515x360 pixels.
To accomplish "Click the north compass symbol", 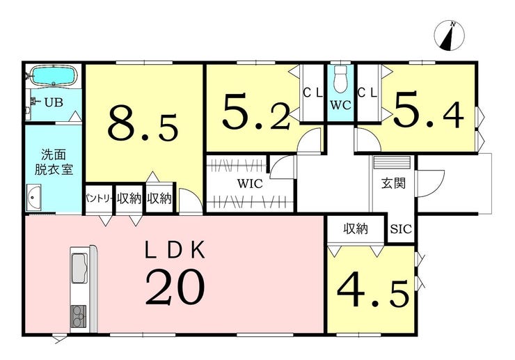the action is point(450,36).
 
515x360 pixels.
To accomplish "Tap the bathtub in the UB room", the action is point(54,76).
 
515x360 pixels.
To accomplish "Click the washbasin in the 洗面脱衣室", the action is point(34,196).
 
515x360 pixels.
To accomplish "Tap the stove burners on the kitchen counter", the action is point(79,317).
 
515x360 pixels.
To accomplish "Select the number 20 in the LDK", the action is point(175,287).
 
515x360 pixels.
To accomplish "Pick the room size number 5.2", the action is point(257,111).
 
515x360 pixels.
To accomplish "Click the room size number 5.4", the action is point(429,110).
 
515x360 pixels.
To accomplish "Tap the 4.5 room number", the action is point(374,292).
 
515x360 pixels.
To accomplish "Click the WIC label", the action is point(251,183).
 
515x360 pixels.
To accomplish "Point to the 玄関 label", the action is point(393,183).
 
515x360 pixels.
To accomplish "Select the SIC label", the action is point(401,229).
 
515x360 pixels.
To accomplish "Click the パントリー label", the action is point(100,198).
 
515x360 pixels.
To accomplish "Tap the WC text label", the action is point(340,105).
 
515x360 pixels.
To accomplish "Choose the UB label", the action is point(54,102).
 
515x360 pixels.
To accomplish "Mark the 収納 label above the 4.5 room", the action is point(356,228).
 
